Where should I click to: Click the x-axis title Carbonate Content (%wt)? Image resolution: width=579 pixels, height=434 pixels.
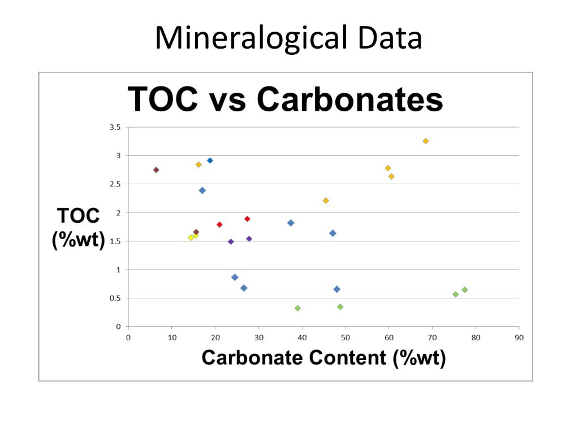[x=323, y=357]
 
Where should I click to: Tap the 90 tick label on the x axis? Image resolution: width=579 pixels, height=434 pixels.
[x=518, y=337]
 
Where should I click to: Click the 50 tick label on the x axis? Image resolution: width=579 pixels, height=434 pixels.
[x=345, y=337]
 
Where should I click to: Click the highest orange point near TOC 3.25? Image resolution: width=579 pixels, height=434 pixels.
[x=426, y=141]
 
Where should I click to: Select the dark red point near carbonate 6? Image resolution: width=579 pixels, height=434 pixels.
[x=156, y=170]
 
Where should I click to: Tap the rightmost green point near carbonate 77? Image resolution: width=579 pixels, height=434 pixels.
[x=465, y=290]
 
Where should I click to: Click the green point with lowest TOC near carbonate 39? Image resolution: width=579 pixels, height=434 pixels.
[x=297, y=309]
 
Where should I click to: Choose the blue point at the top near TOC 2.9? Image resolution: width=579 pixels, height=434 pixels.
[x=210, y=160]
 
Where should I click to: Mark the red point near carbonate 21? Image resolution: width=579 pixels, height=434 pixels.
[x=219, y=224]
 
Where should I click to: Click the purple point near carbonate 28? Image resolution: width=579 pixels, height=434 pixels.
[x=249, y=238]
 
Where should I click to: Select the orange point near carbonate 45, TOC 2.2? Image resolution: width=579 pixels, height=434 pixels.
[x=326, y=201]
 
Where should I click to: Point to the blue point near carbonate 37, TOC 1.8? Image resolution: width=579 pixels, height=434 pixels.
[x=291, y=223]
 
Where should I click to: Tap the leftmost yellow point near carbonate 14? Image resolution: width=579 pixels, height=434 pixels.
[x=191, y=238]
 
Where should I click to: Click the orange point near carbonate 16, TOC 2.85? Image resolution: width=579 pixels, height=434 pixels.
[x=198, y=164]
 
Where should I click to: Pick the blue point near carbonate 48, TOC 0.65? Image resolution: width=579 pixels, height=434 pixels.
[x=337, y=289]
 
